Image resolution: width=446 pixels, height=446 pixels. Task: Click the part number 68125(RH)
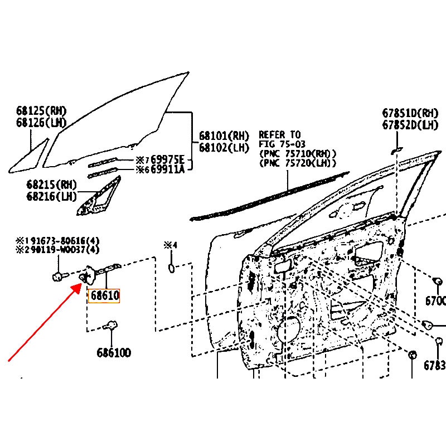(41, 110)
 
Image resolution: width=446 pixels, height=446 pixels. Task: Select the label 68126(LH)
(41, 122)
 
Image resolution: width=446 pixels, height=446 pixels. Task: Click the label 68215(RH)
(51, 185)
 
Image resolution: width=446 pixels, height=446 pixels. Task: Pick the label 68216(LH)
(51, 196)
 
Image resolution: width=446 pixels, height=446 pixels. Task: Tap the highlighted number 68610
(105, 295)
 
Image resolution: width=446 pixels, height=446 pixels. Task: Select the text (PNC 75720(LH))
(298, 163)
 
